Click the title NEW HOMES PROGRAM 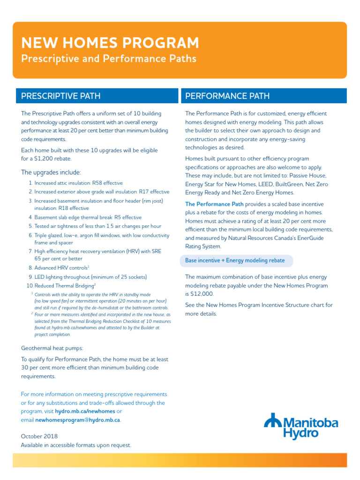coord(110,43)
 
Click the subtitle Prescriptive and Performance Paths coord(108,59)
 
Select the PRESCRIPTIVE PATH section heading coord(60,96)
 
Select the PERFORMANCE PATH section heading coord(227,96)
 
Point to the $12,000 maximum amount coord(202,294)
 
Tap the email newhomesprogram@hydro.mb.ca coord(77,420)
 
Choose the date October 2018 coord(39,436)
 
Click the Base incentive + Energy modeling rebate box coord(235,261)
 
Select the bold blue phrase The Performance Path coord(214,204)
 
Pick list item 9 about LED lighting coord(90,277)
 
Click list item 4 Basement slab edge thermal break coord(88,217)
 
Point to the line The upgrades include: coord(51,172)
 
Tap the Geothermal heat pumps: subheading coord(52,348)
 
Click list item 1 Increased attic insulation coord(78,183)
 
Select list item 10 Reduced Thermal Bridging coord(64,285)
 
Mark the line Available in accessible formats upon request coord(76,445)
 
